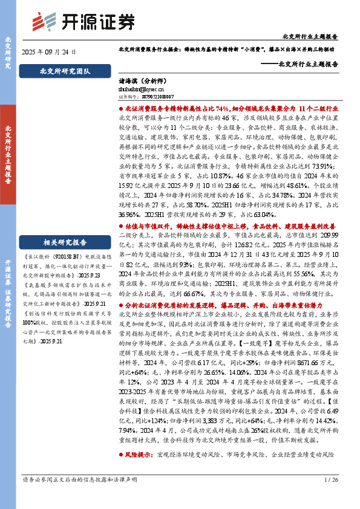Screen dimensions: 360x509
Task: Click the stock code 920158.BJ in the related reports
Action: (71, 256)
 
